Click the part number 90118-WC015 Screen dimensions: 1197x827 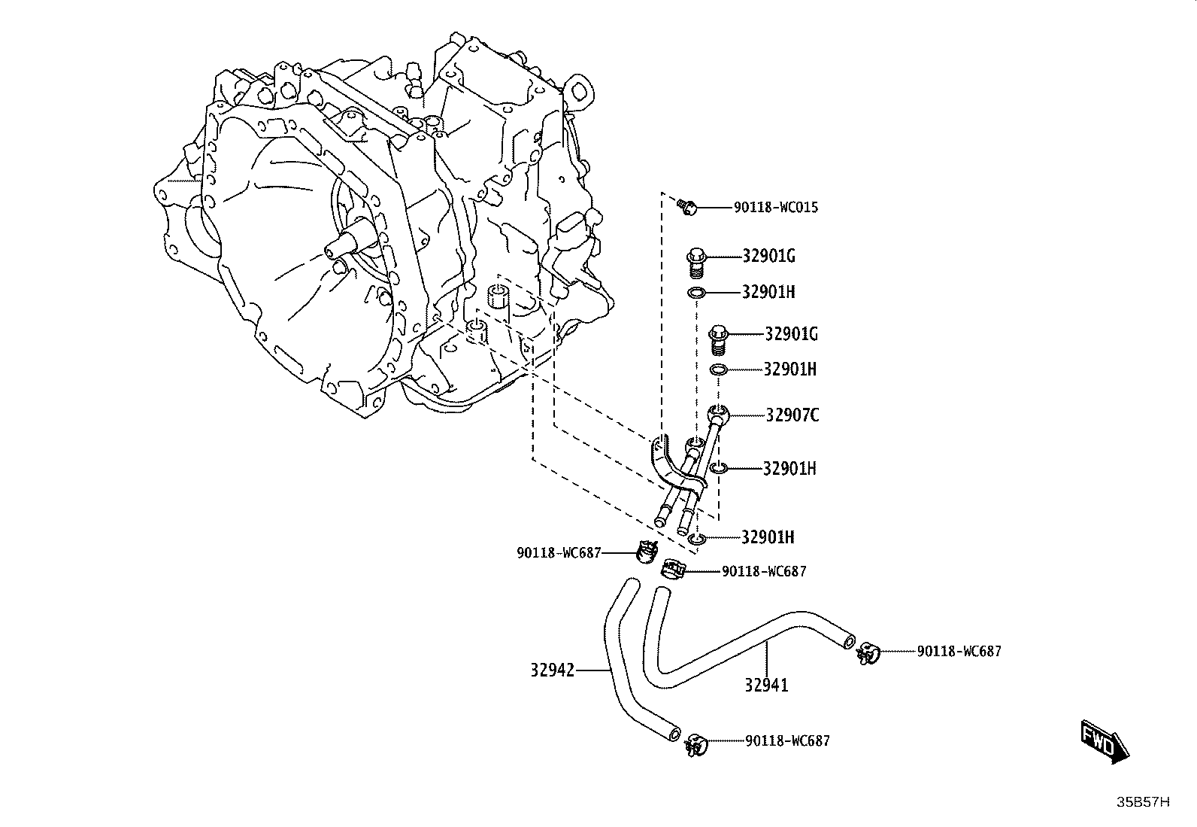[x=775, y=208]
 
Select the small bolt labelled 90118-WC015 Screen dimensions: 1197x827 [x=686, y=206]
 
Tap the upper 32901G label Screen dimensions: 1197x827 [x=768, y=257]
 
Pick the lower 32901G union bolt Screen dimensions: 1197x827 [x=717, y=339]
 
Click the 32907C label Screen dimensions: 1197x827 [x=792, y=415]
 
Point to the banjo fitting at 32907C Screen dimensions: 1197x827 [x=717, y=414]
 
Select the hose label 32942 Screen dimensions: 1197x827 [x=552, y=670]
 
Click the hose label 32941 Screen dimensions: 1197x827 [x=766, y=686]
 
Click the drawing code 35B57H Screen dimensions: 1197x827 [x=1143, y=802]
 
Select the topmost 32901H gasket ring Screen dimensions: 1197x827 [x=696, y=293]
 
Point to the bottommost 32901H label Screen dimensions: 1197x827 [x=768, y=537]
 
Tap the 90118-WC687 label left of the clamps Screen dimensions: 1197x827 [x=559, y=553]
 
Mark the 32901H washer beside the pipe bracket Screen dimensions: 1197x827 [x=719, y=469]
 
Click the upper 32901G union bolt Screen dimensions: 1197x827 [x=695, y=263]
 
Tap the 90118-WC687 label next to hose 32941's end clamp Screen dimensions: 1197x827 [x=959, y=652]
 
